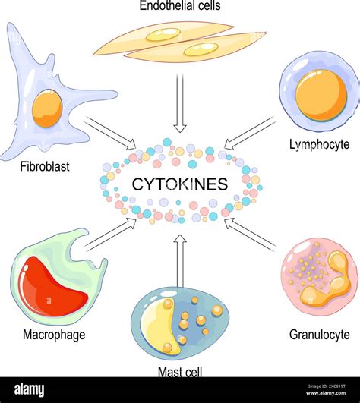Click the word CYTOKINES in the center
click(180, 184)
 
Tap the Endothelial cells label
click(179, 7)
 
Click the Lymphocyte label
click(319, 143)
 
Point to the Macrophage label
click(54, 334)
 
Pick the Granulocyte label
click(320, 334)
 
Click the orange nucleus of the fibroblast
click(47, 109)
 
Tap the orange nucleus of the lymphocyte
click(321, 96)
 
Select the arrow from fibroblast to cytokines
click(110, 134)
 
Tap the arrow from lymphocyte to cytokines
click(251, 132)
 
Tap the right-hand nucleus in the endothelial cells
click(201, 49)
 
